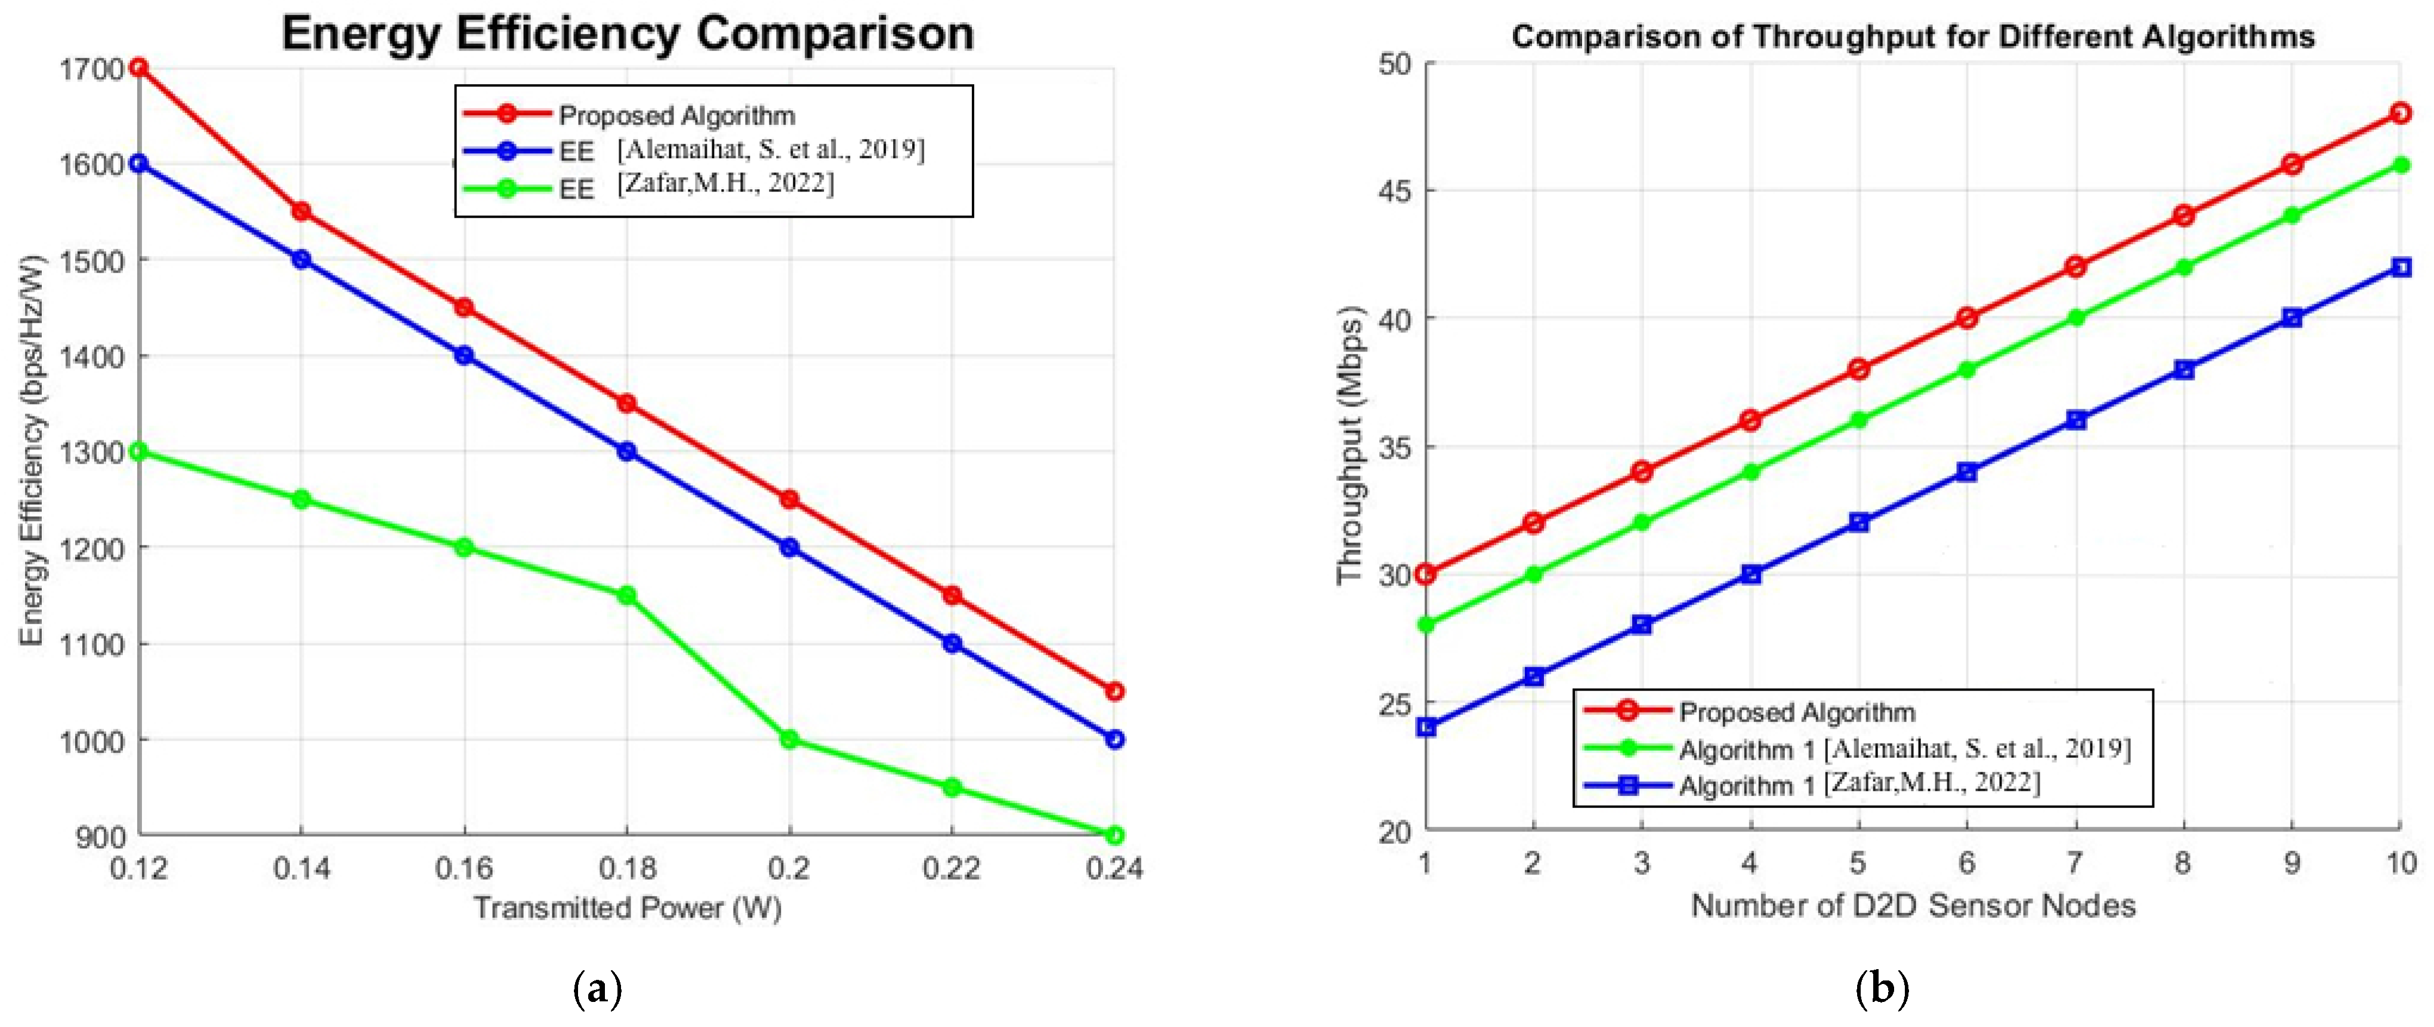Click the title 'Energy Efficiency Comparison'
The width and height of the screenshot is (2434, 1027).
628,34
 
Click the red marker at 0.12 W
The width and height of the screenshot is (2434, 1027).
139,67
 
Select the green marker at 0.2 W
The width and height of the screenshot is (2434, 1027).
789,739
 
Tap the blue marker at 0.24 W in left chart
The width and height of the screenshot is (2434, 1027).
1114,739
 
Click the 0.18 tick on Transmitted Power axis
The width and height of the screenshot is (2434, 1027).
626,867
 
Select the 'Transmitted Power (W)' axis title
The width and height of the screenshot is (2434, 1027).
628,908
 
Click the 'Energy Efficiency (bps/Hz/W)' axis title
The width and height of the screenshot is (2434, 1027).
32,451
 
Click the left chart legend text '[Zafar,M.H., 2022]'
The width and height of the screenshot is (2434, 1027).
725,183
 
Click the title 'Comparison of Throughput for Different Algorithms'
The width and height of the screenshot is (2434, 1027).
1913,37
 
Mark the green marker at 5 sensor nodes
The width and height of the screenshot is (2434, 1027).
1858,421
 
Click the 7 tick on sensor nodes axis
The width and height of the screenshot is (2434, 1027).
2075,863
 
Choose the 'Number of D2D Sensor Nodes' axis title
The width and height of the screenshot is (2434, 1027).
1913,905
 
